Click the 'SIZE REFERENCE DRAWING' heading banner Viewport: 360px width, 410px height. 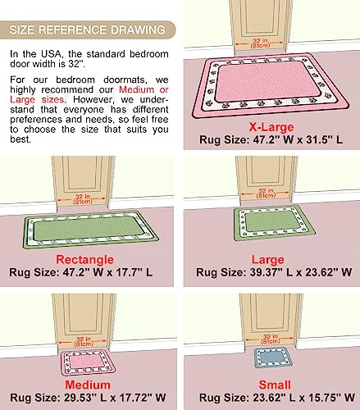tap(88, 30)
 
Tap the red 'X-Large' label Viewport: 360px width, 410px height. tap(271, 127)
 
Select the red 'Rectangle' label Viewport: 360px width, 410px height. tap(85, 260)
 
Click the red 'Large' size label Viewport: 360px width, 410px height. tap(268, 260)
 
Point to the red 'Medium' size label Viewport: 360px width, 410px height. tap(88, 385)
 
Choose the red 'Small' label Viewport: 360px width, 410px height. tap(275, 385)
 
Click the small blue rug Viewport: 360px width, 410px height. tap(274, 358)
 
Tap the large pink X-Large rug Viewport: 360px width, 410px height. tap(271, 85)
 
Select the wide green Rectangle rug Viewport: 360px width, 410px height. tap(90, 229)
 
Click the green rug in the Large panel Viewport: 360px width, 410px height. tap(274, 223)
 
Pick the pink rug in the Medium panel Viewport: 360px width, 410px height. tap(88, 362)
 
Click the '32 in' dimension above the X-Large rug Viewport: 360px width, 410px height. tap(260, 43)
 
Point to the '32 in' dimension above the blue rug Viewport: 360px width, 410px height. tap(270, 339)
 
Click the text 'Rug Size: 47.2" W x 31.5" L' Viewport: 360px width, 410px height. tap(271, 139)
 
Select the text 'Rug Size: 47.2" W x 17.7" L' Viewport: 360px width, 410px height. tap(81, 272)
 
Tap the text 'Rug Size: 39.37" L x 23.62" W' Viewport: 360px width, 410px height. tap(274, 272)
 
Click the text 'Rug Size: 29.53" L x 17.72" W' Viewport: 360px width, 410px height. tap(88, 398)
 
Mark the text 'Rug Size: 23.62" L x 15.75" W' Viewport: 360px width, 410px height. tap(277, 398)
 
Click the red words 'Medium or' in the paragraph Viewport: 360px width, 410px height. tap(144, 89)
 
